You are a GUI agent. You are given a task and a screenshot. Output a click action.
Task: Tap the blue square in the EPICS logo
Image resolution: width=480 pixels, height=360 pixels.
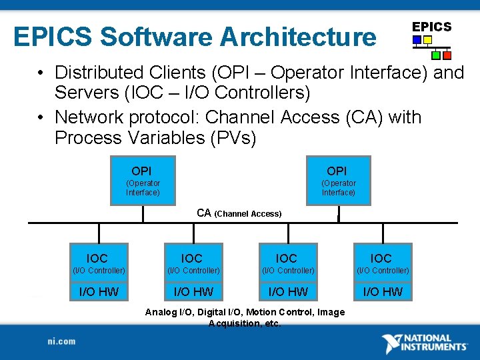click(417, 40)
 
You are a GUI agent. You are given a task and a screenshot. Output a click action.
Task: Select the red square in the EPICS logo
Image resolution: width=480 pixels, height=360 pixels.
click(447, 55)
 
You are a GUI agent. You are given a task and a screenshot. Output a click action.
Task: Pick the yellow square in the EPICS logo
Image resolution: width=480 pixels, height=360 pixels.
click(428, 40)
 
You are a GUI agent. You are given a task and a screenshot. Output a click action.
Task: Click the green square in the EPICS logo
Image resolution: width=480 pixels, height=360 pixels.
click(436, 55)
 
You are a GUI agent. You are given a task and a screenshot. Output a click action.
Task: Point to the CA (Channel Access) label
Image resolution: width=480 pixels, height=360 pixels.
click(239, 213)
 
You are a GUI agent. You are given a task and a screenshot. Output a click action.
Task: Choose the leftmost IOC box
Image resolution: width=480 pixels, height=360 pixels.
click(98, 263)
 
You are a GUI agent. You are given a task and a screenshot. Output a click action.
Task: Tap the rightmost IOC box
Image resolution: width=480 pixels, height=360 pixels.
click(382, 263)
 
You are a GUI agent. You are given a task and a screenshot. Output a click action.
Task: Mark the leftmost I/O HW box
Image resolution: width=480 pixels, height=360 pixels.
click(98, 291)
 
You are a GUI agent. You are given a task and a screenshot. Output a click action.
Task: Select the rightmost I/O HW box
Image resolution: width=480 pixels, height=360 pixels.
click(382, 291)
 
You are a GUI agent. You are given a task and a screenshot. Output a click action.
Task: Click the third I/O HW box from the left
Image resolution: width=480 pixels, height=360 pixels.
click(287, 291)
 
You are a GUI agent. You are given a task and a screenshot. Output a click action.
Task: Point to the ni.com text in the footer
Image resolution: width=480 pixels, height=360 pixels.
click(62, 341)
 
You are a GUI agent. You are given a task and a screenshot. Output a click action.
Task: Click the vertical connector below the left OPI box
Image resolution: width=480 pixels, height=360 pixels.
click(142, 214)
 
